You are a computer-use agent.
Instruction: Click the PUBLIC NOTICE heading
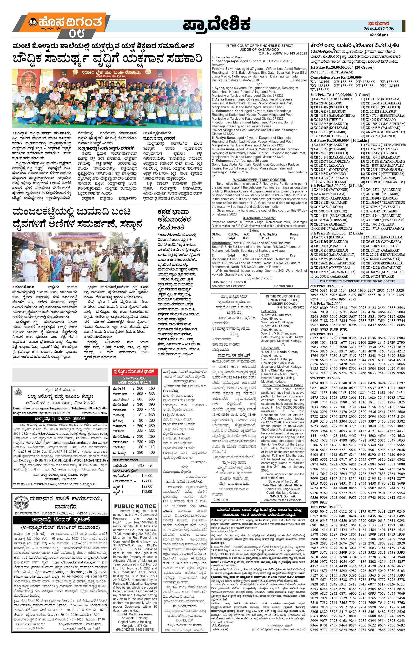tap(135, 506)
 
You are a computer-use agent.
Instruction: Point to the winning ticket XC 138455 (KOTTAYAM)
tap(328, 72)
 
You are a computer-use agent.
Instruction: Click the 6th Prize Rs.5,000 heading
tap(326, 286)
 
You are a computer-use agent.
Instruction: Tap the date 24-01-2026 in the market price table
tap(135, 378)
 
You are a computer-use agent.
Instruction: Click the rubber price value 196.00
tap(147, 476)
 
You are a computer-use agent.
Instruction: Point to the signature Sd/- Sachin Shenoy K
tap(229, 282)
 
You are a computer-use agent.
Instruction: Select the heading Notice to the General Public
tap(282, 385)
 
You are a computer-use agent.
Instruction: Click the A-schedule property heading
tap(259, 218)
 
